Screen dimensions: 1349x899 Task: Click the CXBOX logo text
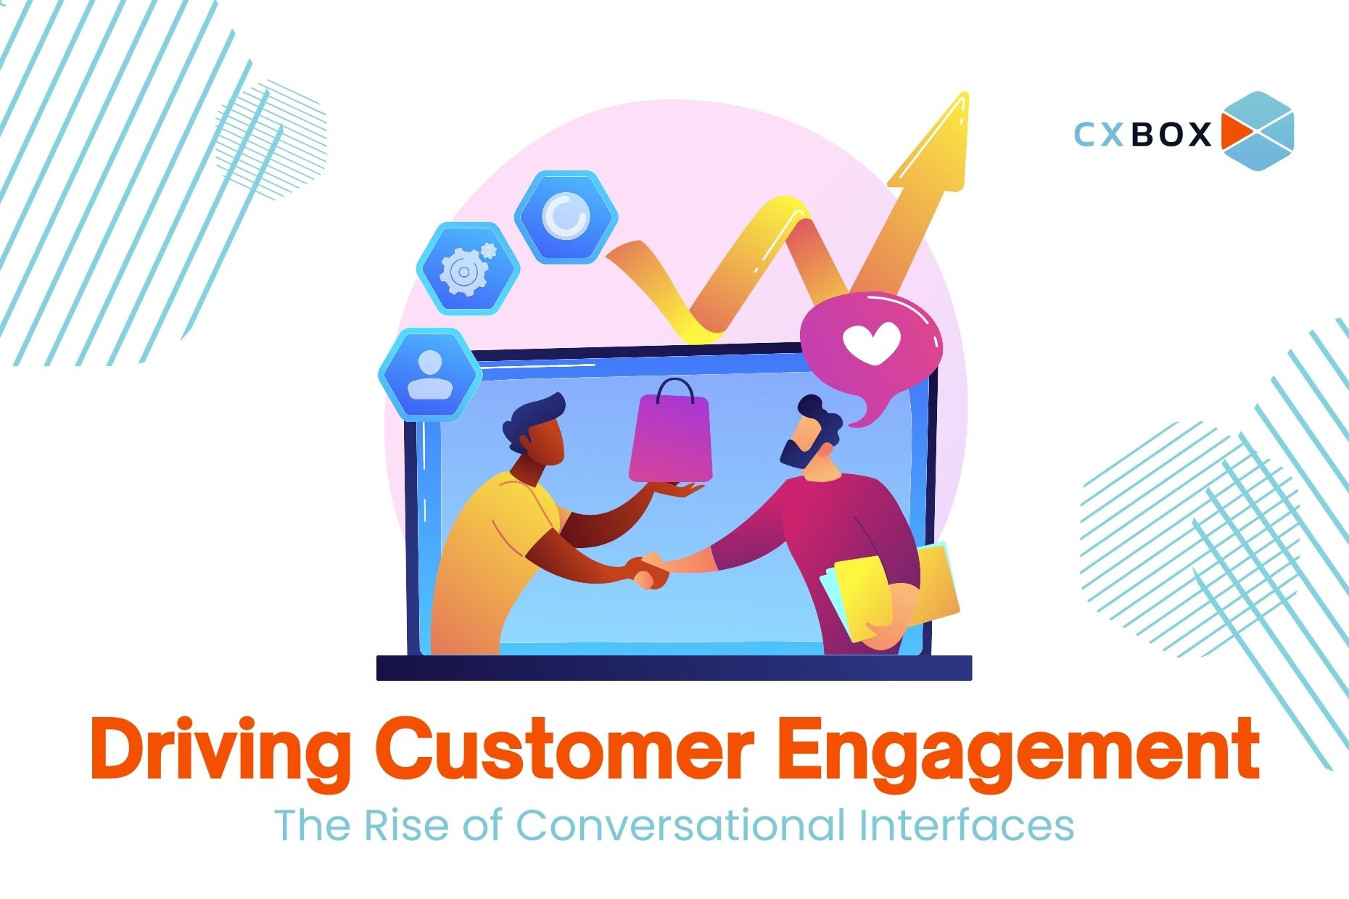(1142, 134)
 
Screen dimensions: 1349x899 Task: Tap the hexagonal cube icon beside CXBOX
(1257, 131)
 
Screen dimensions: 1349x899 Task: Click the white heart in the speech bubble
(871, 342)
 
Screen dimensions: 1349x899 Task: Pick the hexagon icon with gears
(468, 268)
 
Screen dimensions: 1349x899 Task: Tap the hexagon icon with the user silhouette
(430, 375)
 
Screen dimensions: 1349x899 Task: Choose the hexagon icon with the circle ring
(566, 217)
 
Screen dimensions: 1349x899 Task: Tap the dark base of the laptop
(674, 668)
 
